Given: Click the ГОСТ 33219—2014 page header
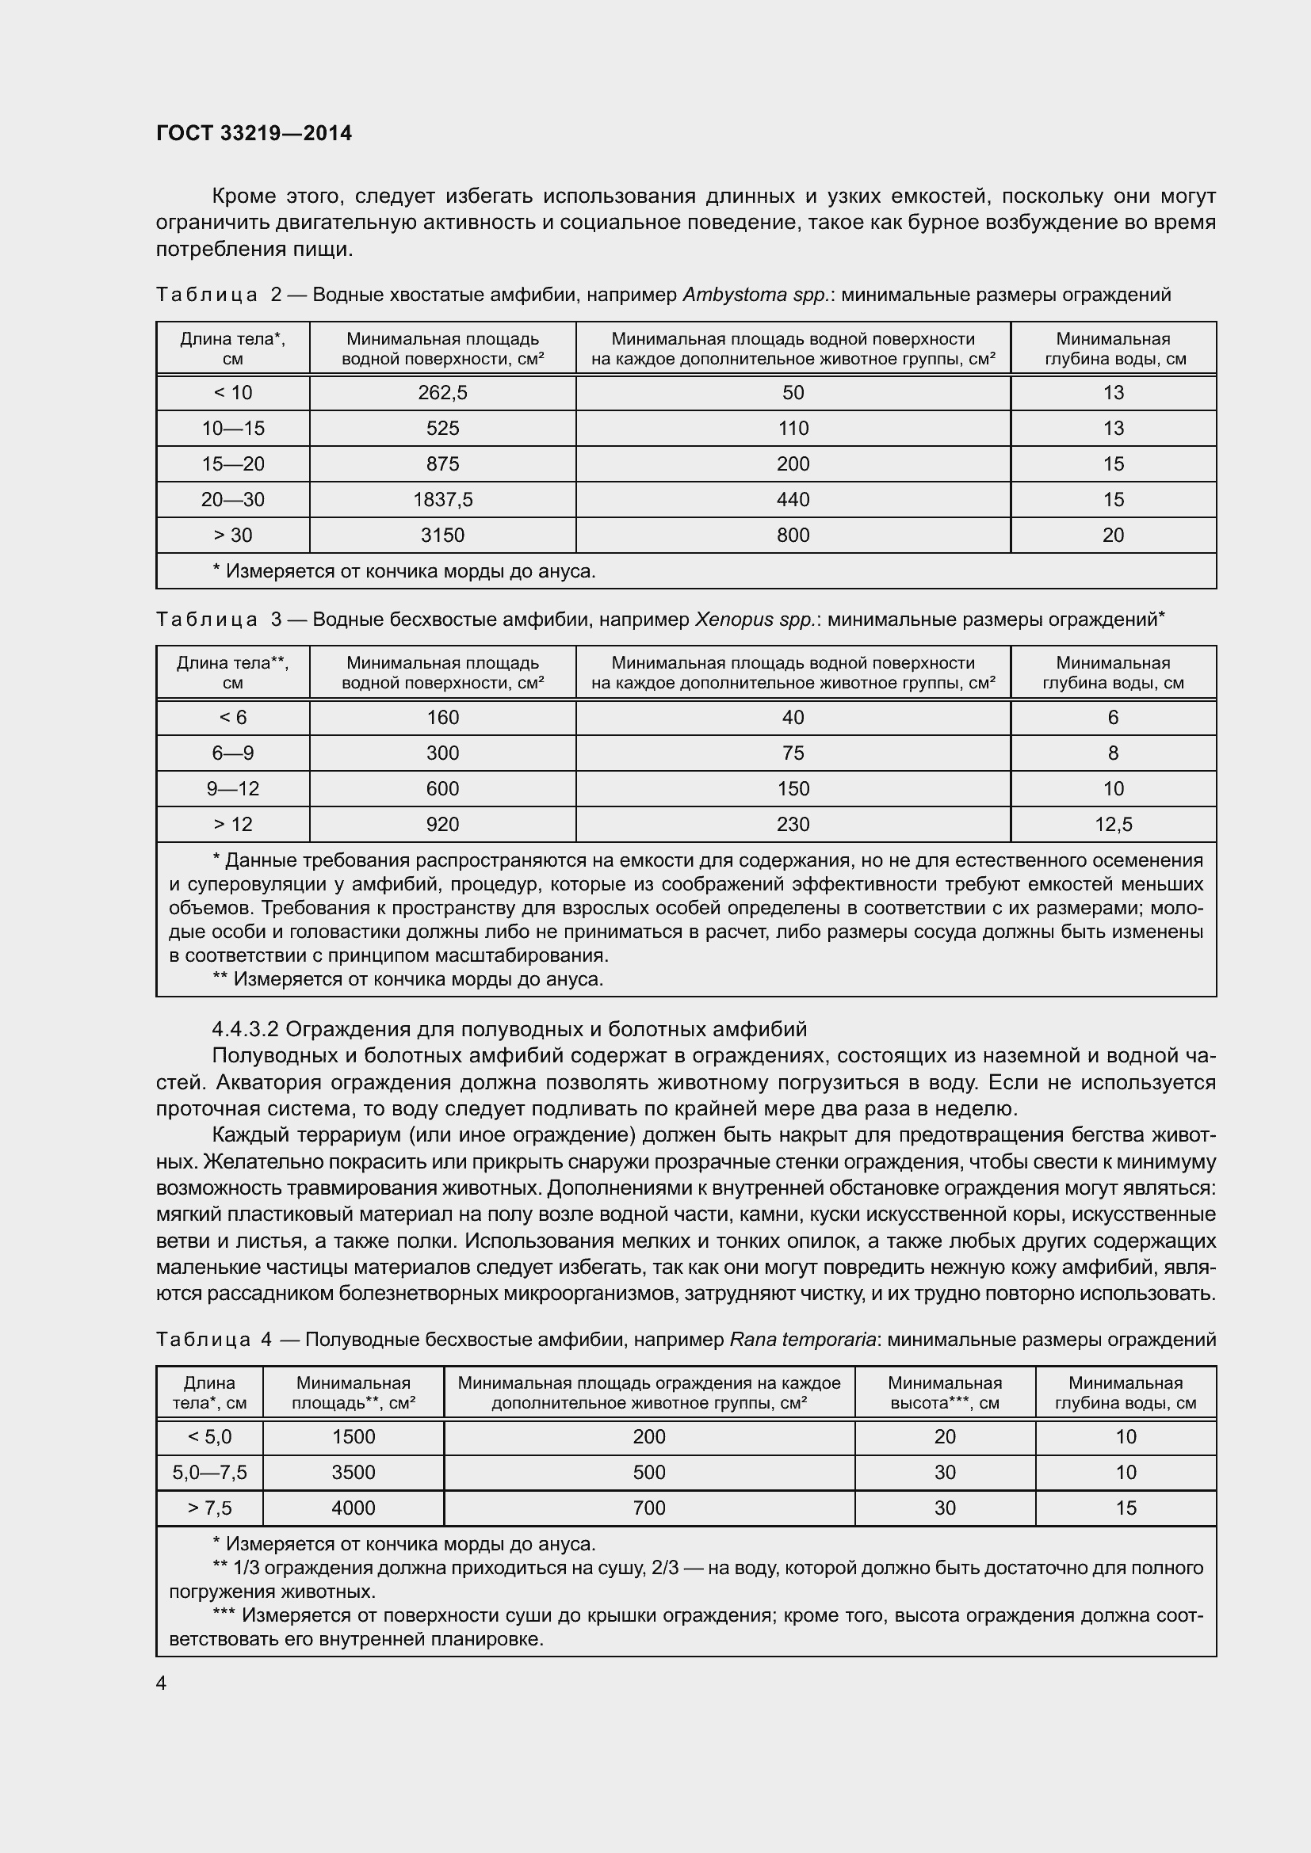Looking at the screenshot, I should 254,133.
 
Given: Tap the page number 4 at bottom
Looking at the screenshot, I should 162,1683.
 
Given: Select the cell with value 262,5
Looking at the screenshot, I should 442,393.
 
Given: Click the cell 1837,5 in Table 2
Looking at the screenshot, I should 442,500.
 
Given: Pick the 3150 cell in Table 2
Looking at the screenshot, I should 442,535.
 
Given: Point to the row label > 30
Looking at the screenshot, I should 232,535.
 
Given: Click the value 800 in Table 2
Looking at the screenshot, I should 793,535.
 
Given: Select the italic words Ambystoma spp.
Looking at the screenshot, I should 756,295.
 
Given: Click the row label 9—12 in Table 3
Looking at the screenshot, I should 232,788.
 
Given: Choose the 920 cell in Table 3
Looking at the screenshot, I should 442,824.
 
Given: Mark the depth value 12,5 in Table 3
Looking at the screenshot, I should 1112,824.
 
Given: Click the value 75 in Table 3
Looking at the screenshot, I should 793,753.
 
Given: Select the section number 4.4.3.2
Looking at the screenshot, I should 245,1029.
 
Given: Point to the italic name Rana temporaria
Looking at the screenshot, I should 802,1340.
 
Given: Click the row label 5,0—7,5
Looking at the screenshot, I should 210,1472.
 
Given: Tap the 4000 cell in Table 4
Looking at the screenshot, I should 354,1508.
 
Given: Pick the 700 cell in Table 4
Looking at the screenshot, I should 649,1508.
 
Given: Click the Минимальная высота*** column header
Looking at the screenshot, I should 945,1392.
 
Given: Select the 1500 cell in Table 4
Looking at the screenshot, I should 354,1436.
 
